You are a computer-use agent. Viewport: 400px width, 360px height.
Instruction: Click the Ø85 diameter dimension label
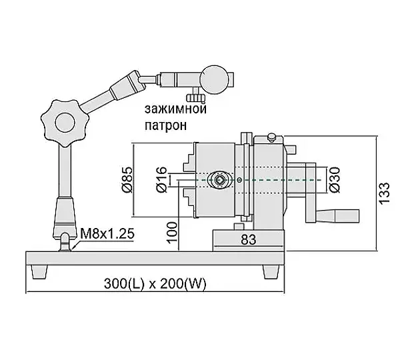[x=127, y=179]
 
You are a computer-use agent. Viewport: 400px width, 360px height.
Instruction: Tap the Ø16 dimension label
[x=161, y=179]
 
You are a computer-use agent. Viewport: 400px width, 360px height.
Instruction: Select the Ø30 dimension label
[x=335, y=179]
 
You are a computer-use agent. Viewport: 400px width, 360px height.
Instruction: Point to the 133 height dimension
[x=385, y=193]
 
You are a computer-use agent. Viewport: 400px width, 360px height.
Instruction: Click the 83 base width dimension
[x=248, y=239]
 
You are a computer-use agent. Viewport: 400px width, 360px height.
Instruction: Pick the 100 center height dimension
[x=173, y=233]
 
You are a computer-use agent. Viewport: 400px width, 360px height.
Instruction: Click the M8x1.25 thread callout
[x=107, y=233]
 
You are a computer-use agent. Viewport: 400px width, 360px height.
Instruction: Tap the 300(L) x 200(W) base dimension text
[x=155, y=283]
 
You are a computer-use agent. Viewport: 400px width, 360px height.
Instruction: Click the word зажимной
[x=175, y=109]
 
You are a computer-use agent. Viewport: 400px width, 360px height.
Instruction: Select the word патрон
[x=166, y=125]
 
